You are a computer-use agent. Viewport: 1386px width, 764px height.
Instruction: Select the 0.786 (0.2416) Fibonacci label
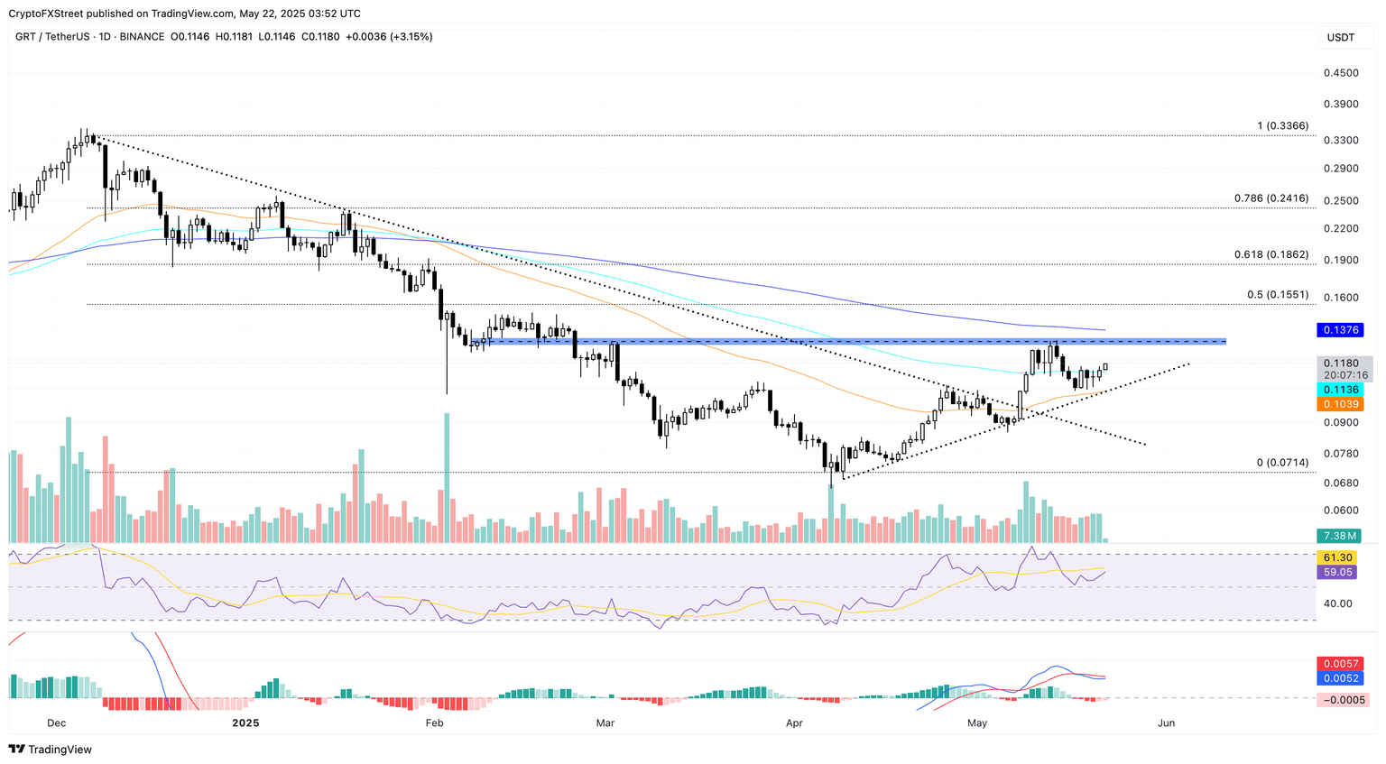point(1270,198)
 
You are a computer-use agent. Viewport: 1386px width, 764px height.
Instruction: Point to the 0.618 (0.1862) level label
point(1270,255)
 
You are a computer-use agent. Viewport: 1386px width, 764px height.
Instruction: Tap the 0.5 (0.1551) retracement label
point(1277,295)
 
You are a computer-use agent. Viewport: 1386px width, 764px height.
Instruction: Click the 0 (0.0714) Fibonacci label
point(1281,463)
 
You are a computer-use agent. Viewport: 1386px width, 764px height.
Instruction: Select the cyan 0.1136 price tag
point(1340,390)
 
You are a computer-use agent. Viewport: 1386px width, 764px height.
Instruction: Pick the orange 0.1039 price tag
point(1340,405)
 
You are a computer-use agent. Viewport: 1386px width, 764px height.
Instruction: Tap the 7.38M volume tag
point(1340,536)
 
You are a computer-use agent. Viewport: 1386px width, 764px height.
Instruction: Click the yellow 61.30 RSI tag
point(1337,558)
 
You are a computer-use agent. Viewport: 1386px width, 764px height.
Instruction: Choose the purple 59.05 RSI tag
point(1337,573)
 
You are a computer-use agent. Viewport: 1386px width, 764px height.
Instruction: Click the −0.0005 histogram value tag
point(1343,700)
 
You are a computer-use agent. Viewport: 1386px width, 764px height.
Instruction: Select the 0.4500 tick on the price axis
point(1341,73)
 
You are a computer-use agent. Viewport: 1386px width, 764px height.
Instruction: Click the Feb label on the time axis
point(434,723)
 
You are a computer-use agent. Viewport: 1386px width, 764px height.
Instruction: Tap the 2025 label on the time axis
point(245,723)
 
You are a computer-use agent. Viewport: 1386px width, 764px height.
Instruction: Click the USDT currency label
point(1340,37)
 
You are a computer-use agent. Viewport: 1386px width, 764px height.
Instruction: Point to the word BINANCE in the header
point(142,37)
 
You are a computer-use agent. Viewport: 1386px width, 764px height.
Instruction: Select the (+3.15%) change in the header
point(411,37)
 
